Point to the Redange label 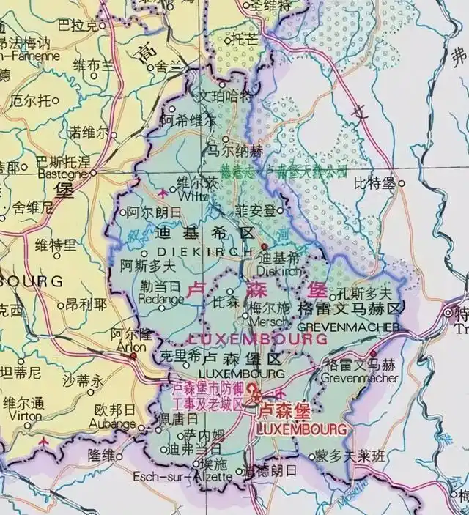click(161, 299)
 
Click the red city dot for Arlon click(133, 356)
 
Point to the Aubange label click(111, 423)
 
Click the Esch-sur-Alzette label click(182, 477)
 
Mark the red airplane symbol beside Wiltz click(162, 193)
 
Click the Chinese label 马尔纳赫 click(234, 151)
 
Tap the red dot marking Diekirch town click(262, 248)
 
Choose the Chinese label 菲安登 click(256, 210)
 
